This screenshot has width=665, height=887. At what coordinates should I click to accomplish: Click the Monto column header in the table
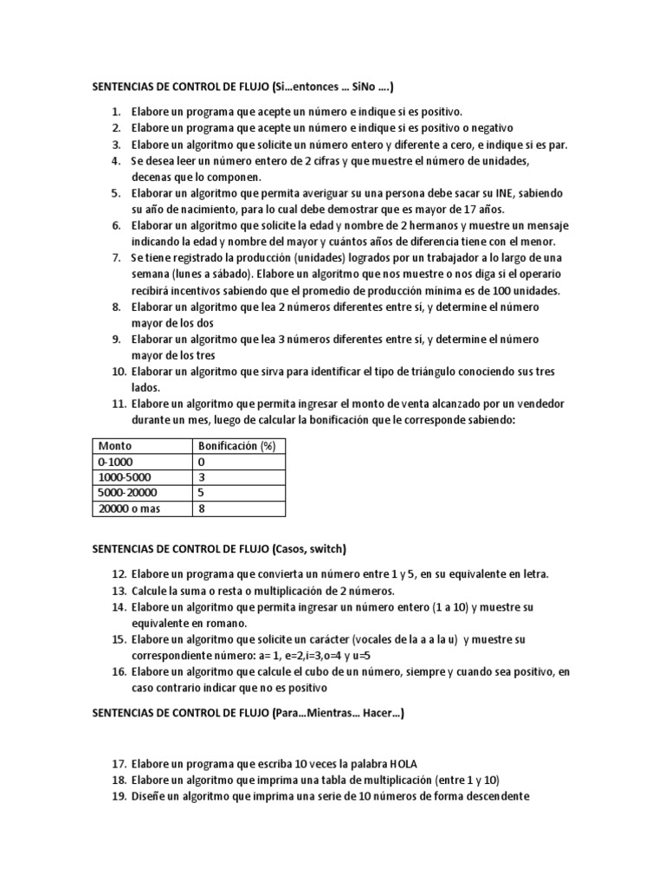115,446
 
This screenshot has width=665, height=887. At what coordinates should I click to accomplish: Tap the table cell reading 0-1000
116,462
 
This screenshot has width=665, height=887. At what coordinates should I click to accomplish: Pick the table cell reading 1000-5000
125,477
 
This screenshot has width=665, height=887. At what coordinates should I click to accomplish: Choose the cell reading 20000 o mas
129,508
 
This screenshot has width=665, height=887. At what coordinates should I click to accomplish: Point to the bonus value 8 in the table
202,508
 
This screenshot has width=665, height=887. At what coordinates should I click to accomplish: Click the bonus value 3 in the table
202,477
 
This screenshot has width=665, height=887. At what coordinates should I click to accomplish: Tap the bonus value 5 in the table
202,493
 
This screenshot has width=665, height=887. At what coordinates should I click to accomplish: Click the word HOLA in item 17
402,763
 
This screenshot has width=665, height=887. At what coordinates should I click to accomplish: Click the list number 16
118,672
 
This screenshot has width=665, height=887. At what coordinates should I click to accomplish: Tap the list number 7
116,258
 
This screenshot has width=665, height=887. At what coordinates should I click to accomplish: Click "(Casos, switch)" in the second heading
309,548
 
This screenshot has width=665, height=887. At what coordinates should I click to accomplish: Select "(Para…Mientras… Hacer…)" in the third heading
338,714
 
